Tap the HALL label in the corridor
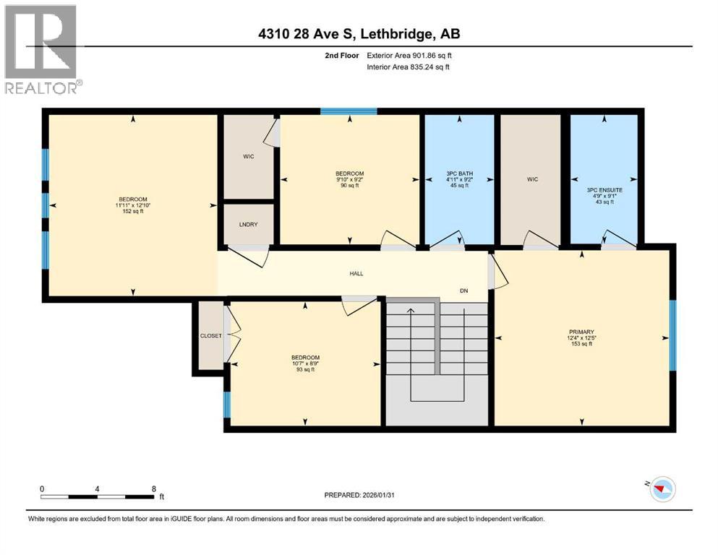356,274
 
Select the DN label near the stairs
465,291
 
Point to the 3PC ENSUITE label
604,191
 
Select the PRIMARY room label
581,332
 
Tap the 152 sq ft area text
132,211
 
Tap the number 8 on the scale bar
153,489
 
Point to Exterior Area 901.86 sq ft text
411,56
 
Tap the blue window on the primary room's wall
672,336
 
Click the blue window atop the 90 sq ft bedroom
349,111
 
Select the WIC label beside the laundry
248,155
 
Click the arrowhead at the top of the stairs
411,311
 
